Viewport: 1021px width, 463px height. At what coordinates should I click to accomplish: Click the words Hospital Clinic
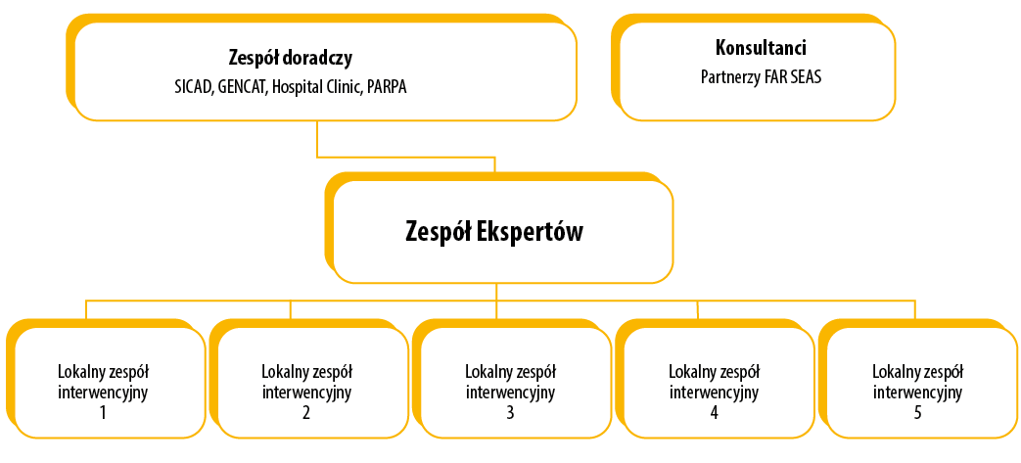point(317,87)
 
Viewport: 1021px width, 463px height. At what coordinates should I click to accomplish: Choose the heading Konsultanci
point(762,47)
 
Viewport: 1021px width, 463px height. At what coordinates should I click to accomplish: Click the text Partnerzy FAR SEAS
point(762,75)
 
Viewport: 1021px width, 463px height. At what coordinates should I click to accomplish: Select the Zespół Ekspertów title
point(494,231)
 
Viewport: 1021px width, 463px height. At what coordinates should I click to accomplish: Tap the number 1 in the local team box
point(103,412)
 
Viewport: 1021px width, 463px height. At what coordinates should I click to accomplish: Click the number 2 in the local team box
point(306,412)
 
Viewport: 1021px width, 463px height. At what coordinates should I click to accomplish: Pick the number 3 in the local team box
point(510,412)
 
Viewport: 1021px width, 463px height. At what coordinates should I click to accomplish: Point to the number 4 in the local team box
point(714,412)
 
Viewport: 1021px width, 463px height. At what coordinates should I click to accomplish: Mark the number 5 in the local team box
point(917,412)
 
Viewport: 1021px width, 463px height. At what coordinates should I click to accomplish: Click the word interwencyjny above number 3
point(510,393)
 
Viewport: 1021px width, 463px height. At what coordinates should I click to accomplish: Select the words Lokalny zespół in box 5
point(917,372)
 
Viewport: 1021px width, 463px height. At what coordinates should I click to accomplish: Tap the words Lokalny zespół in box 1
point(103,372)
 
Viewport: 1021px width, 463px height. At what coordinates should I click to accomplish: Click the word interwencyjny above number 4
point(714,393)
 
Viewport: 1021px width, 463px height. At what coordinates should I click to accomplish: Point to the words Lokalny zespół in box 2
point(306,372)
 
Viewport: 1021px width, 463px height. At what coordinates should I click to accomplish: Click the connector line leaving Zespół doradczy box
point(317,138)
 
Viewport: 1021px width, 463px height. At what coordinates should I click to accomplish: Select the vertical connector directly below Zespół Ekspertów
point(496,291)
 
